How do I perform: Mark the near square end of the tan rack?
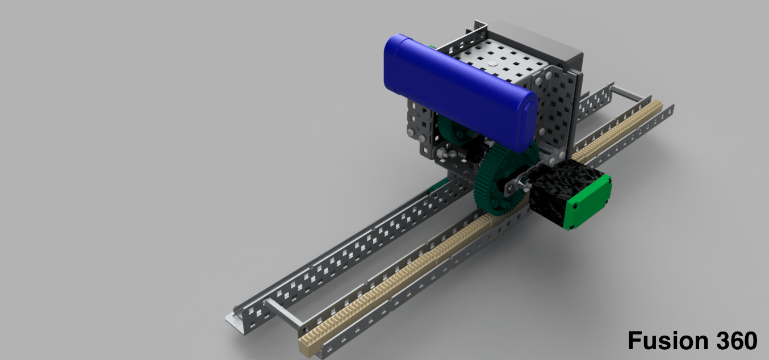click(307, 346)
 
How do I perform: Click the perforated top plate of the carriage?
click(500, 62)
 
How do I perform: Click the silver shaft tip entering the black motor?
click(525, 183)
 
